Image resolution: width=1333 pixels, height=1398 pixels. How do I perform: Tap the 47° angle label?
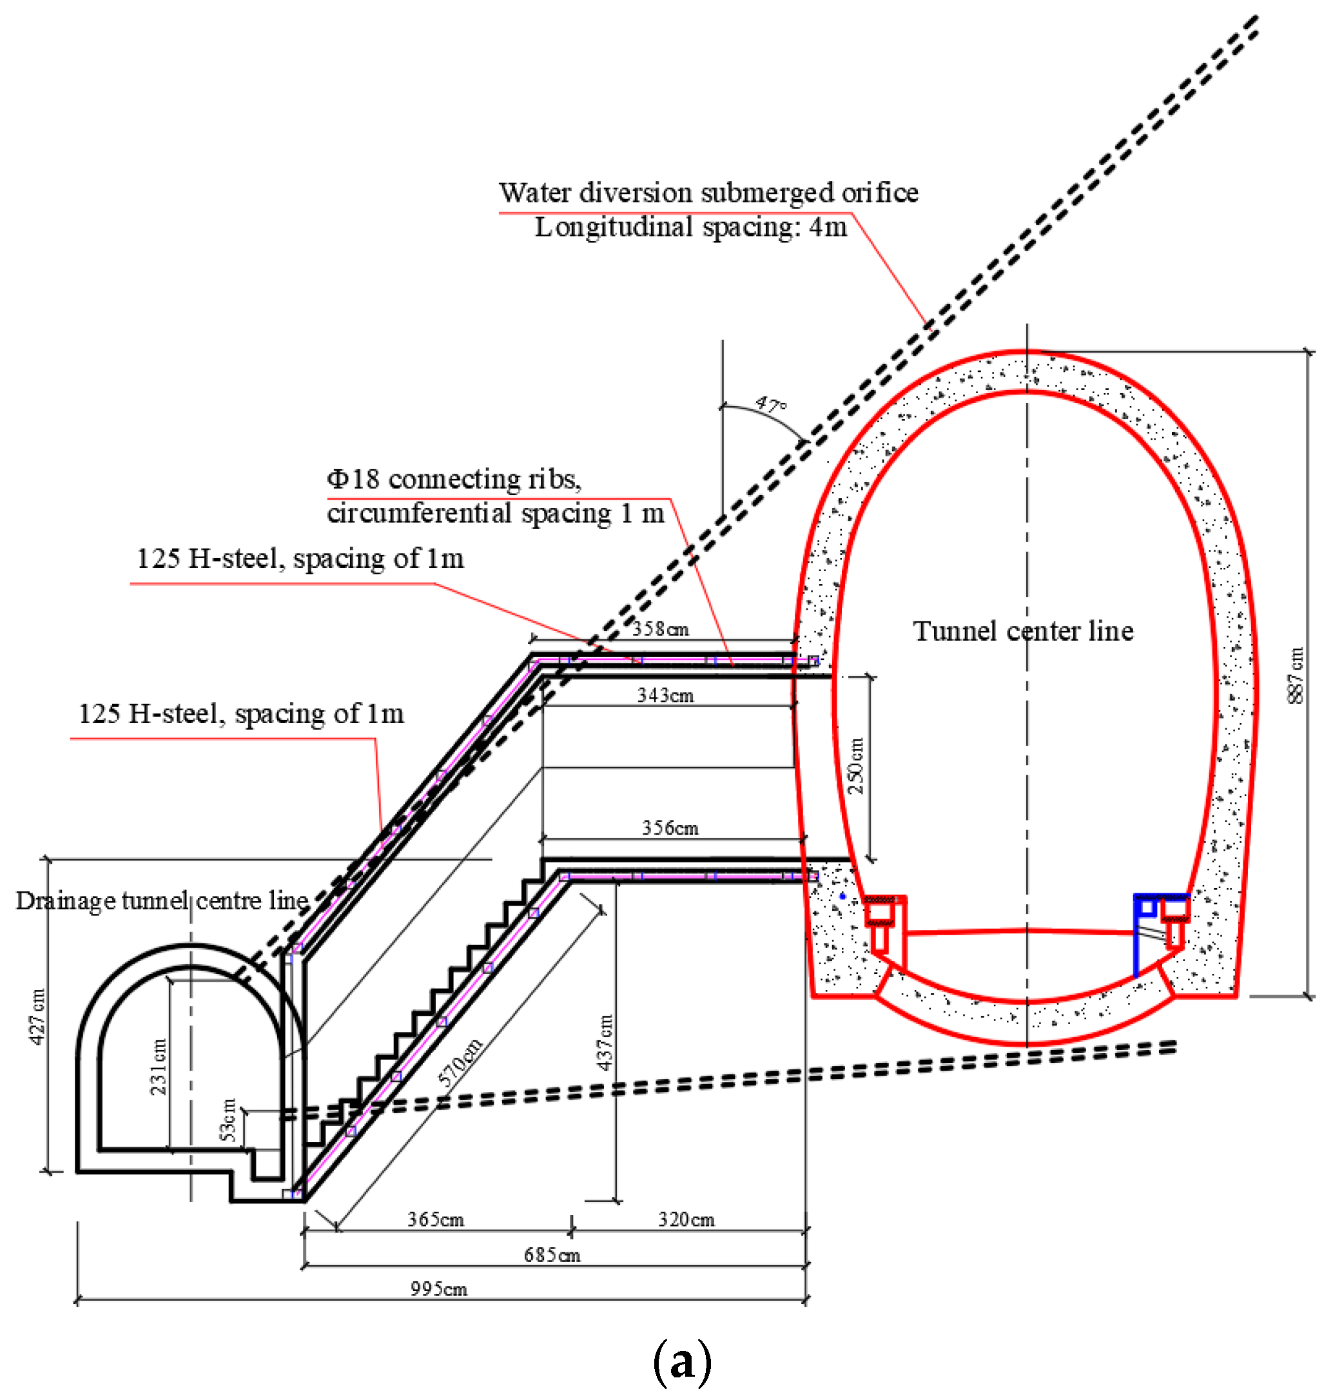[771, 405]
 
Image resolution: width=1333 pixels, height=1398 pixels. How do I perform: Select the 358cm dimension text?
[660, 628]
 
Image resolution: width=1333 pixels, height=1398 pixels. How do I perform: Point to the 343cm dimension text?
[665, 695]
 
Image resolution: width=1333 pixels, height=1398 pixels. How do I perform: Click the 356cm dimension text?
[670, 828]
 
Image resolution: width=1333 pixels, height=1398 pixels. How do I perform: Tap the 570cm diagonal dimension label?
[460, 1062]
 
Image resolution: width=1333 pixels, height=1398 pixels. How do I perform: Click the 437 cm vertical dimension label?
[605, 1042]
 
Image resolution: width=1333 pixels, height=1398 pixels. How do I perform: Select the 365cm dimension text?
[436, 1219]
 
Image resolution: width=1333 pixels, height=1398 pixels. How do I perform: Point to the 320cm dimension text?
[686, 1219]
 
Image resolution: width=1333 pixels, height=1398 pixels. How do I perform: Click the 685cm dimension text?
[552, 1255]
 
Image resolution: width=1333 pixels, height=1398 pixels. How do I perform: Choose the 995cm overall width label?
[439, 1288]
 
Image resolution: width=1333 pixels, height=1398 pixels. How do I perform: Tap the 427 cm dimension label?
[37, 1016]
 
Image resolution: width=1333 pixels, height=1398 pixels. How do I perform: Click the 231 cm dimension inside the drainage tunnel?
[159, 1066]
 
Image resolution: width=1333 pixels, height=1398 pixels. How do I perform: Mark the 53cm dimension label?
[228, 1120]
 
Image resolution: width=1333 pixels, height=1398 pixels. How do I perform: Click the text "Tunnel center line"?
[1023, 631]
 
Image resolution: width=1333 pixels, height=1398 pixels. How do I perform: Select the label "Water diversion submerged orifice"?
[708, 193]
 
